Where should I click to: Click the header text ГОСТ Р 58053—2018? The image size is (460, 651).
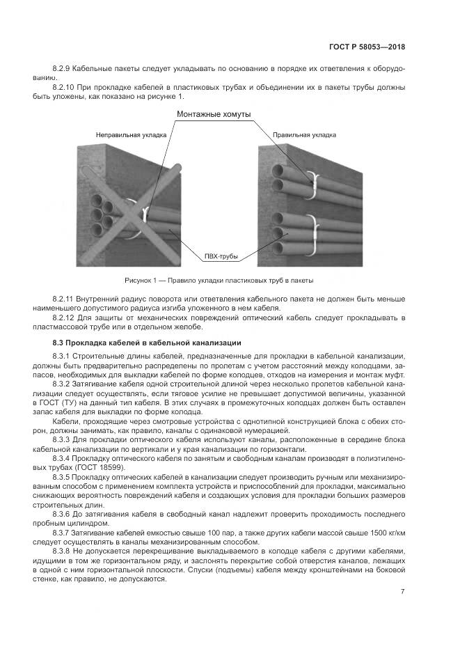(x=367, y=47)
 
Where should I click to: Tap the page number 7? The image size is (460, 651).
(x=402, y=592)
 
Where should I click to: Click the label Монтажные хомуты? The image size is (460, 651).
(x=214, y=113)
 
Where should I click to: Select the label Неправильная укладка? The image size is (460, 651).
(x=131, y=134)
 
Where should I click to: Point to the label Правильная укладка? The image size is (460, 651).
(x=304, y=134)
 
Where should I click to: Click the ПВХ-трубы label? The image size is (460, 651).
(x=221, y=256)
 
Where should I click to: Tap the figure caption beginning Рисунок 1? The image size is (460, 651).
(x=219, y=281)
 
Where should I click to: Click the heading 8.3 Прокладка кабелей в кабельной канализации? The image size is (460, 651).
(x=147, y=343)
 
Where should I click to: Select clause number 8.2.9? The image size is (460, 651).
(x=63, y=70)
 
